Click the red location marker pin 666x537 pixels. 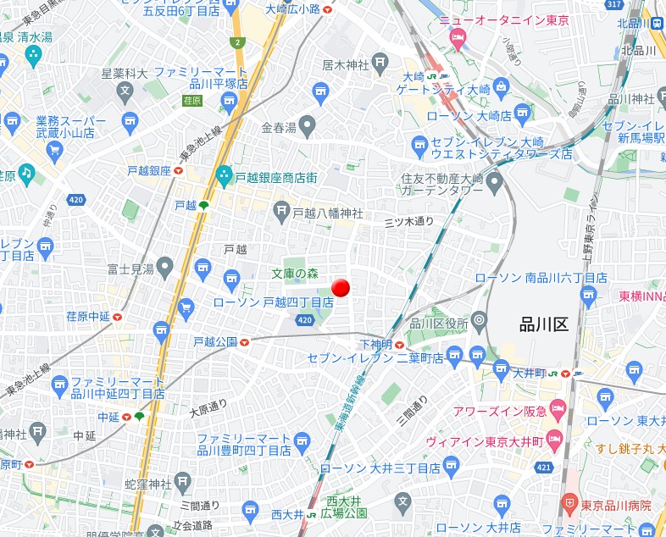point(341,288)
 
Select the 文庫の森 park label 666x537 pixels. point(295,273)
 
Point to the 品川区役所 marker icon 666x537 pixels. point(480,320)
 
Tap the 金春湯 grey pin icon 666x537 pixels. point(308,127)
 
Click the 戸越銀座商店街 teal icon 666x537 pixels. point(224,177)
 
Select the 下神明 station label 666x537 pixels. point(375,344)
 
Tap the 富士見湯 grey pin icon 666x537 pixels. point(165,268)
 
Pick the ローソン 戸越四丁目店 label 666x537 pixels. point(273,302)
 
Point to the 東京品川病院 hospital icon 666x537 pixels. point(569,505)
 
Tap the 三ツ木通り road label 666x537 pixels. point(408,222)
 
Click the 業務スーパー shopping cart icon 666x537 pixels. point(56,152)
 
